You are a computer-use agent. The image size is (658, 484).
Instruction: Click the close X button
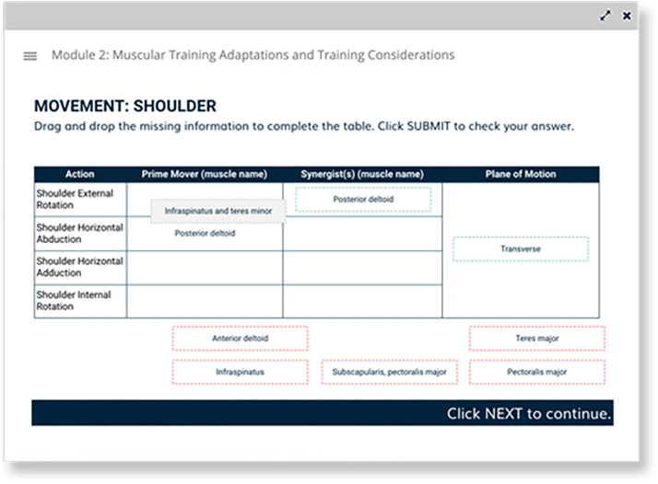(627, 16)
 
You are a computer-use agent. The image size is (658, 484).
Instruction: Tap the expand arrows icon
(605, 16)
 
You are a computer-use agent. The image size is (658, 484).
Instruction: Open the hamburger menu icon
(29, 56)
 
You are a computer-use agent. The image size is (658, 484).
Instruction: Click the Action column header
(80, 174)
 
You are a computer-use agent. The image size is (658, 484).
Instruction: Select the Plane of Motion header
(521, 174)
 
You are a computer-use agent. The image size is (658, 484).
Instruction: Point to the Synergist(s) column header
(362, 174)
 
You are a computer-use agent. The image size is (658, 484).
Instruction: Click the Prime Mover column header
(205, 174)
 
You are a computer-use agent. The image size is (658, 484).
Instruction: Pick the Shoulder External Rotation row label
(75, 199)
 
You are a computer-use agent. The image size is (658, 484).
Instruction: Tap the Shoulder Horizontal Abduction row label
(80, 233)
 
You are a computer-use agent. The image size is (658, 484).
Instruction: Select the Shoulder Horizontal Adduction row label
(80, 267)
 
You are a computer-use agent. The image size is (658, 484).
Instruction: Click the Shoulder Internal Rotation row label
(74, 301)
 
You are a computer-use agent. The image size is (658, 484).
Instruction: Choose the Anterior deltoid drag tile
(240, 339)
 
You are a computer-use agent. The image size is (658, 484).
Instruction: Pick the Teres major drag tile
(537, 339)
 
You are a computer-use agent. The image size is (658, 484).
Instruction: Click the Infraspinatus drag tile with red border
(240, 372)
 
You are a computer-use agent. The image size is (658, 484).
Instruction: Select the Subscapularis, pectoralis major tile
(390, 372)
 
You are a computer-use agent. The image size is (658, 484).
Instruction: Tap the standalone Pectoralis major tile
(537, 372)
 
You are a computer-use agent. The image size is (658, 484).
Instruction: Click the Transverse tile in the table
(521, 249)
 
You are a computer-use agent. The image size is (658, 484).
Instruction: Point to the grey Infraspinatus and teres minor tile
(218, 211)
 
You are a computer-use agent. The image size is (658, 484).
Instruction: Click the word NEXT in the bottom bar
(503, 413)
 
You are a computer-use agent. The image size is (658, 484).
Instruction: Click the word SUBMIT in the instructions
(429, 126)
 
